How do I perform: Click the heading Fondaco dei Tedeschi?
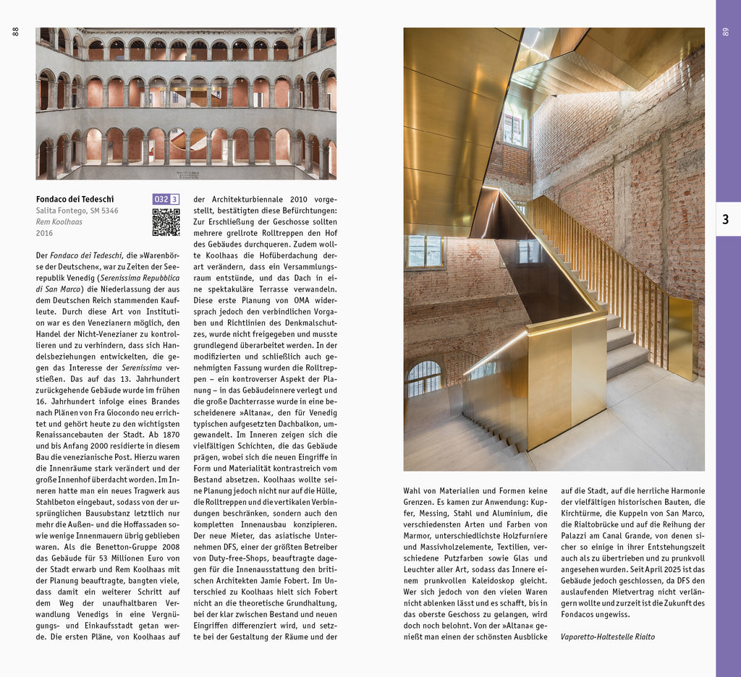pyautogui.click(x=75, y=199)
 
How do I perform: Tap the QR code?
pyautogui.click(x=166, y=222)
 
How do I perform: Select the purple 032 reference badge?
pyautogui.click(x=161, y=199)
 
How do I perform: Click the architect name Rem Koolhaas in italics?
pyautogui.click(x=59, y=222)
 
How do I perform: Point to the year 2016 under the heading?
pyautogui.click(x=44, y=233)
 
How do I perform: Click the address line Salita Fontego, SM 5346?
pyautogui.click(x=77, y=210)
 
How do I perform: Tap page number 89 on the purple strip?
pyautogui.click(x=726, y=32)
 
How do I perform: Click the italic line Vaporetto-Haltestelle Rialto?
pyautogui.click(x=607, y=636)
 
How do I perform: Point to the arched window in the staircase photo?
pyautogui.click(x=424, y=378)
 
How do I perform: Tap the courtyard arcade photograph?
pyautogui.click(x=186, y=103)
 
